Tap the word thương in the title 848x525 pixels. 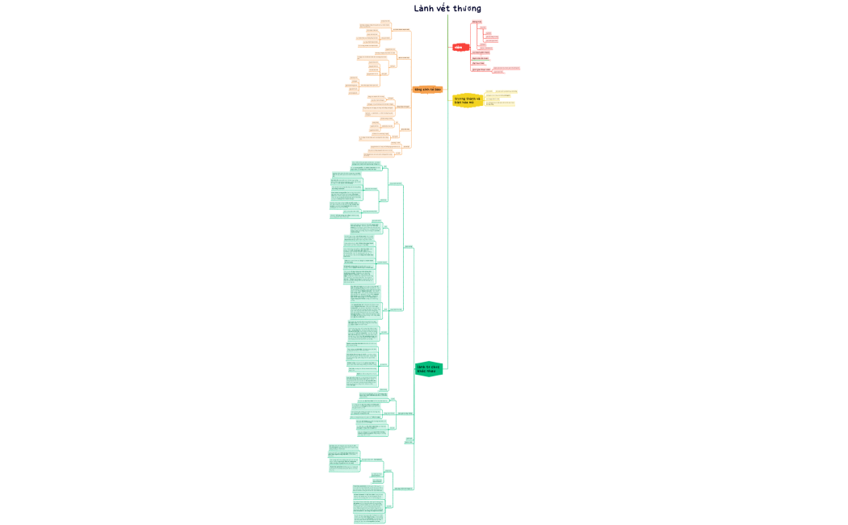(x=467, y=9)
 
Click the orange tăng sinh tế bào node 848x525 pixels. (x=427, y=90)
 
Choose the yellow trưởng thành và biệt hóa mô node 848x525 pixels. (x=467, y=100)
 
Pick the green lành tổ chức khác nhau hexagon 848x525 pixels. (x=428, y=369)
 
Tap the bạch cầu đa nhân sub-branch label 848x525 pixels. (x=481, y=58)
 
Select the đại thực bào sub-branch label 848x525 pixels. (x=479, y=63)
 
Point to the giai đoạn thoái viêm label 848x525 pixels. (x=481, y=69)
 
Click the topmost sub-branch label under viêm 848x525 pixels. (x=476, y=22)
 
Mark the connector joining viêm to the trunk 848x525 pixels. (x=451, y=48)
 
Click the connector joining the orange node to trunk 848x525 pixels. (x=445, y=90)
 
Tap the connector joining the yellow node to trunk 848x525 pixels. (x=451, y=100)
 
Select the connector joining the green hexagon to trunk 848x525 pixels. (x=445, y=369)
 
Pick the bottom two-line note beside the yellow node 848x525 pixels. (x=499, y=103)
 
